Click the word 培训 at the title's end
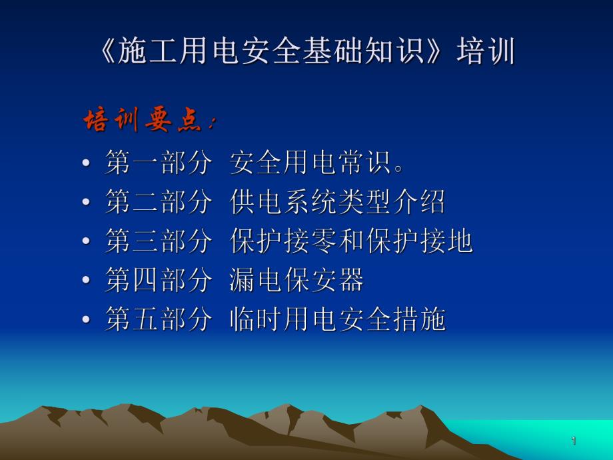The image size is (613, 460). pos(486,53)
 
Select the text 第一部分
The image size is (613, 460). pos(158,163)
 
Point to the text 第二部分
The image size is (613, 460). pos(158,202)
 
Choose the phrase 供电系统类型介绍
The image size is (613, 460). pos(337,202)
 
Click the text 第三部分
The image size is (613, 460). pos(158,241)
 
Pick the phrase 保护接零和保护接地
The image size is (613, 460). pos(351,241)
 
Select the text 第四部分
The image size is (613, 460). pos(158,281)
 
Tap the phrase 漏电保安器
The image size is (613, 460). pos(297,281)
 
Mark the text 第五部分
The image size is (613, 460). pos(158,320)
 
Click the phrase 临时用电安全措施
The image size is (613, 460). pos(337,320)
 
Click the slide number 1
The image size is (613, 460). pos(573,441)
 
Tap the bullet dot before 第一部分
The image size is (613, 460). pos(87,164)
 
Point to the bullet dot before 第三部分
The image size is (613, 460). pos(87,243)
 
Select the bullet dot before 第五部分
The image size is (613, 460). pos(87,321)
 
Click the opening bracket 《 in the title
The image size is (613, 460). pos(107,53)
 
